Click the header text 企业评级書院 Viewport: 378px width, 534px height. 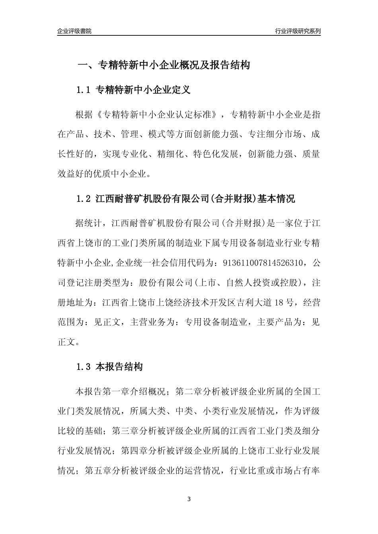pos(74,31)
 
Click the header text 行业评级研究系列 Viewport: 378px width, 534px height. pos(298,31)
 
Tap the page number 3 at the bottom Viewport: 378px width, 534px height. pos(189,499)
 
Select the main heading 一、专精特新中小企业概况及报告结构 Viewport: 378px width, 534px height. pos(163,65)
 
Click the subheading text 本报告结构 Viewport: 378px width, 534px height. pos(119,367)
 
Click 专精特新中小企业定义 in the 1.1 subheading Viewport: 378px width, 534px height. pos(144,90)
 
